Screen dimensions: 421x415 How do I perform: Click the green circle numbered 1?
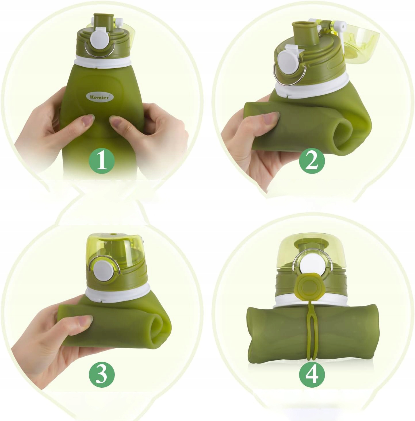[x=102, y=161]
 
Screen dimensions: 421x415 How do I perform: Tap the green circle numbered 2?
[x=312, y=162]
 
